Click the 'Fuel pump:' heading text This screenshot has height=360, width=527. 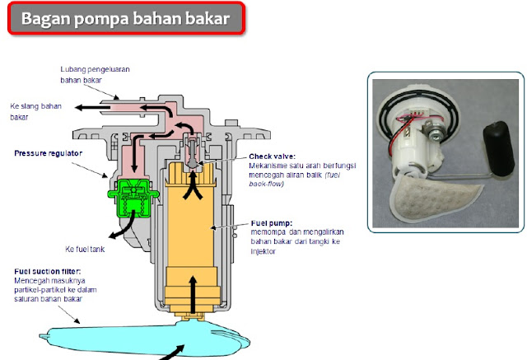(x=268, y=222)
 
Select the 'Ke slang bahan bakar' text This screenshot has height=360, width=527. (x=37, y=111)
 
